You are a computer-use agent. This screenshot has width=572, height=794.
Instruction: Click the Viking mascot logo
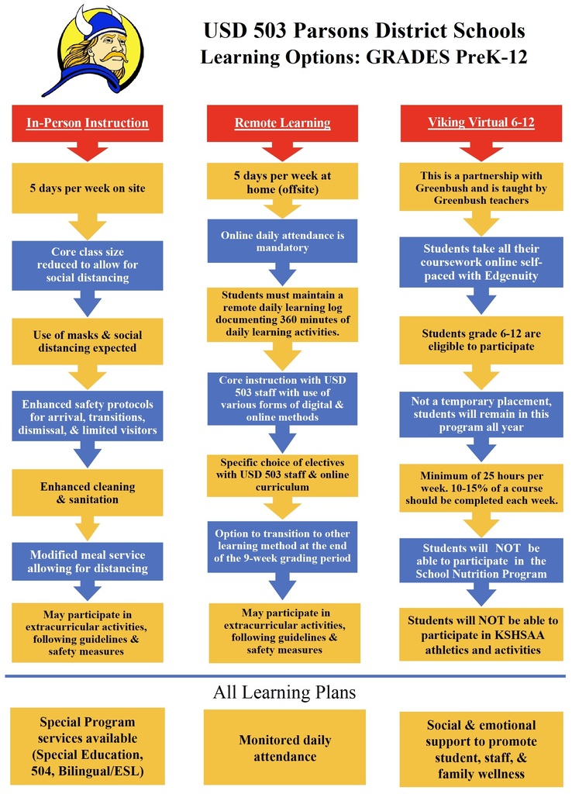93,50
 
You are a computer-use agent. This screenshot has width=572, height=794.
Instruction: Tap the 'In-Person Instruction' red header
88,123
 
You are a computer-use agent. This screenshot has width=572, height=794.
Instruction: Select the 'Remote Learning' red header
282,123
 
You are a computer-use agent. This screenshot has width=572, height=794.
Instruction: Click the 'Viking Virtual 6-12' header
481,123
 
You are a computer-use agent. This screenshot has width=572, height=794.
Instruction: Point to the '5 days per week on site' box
88,188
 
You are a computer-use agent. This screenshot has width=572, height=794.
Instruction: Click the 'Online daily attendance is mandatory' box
282,241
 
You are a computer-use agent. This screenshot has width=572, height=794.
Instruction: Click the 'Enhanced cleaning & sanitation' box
88,492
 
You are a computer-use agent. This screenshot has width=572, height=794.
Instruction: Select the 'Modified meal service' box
88,561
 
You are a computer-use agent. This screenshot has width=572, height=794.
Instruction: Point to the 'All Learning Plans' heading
284,692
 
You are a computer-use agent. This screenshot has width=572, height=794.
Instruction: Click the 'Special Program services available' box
88,746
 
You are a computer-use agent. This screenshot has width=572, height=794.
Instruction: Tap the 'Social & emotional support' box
481,749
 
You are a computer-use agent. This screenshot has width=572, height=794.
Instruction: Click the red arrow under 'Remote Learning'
282,151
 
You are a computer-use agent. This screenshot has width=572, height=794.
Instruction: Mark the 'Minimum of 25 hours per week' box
481,488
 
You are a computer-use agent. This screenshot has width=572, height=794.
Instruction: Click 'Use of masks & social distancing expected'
88,342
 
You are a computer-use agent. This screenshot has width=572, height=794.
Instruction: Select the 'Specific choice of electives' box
282,475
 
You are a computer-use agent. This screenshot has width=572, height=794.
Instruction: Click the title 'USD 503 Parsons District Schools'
364,31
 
